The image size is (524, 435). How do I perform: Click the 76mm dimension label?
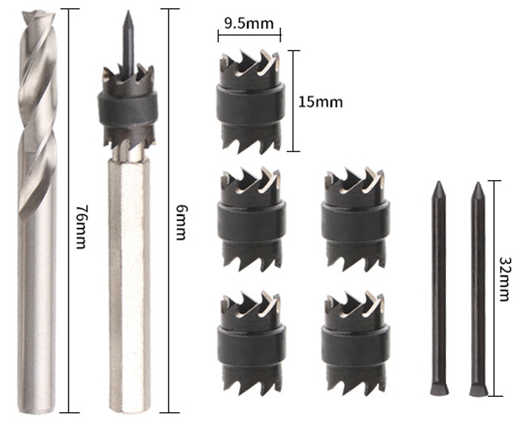[81, 226]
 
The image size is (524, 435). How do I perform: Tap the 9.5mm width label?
[249, 24]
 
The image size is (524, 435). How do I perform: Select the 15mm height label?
[320, 102]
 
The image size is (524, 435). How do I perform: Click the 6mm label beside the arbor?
[181, 223]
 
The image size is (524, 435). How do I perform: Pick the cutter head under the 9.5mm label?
[251, 101]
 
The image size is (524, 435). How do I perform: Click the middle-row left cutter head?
[251, 219]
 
